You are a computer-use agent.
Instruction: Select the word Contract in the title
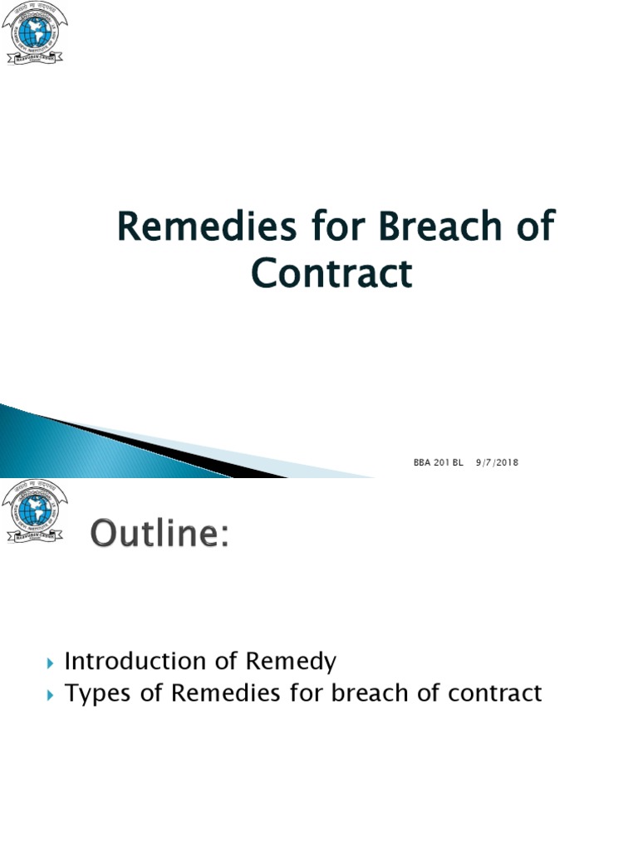(x=331, y=273)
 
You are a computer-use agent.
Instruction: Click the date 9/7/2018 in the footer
(x=497, y=462)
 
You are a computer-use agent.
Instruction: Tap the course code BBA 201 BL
(x=438, y=462)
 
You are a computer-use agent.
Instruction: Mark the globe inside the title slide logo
(x=35, y=30)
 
